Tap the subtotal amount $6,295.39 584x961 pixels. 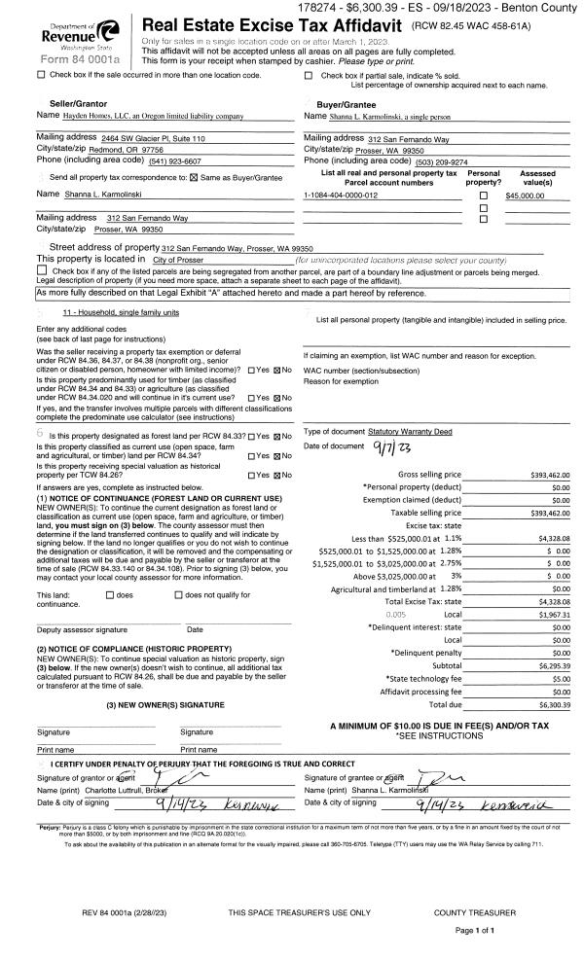pos(551,665)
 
